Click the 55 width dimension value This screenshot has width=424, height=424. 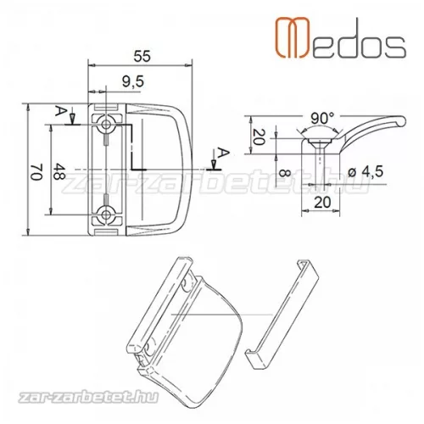142,56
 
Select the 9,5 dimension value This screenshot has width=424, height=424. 133,81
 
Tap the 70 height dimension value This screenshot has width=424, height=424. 36,171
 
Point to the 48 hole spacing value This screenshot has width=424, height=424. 59,171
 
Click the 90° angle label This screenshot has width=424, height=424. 322,119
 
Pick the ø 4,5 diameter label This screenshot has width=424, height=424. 365,171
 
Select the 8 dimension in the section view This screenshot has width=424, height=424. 285,173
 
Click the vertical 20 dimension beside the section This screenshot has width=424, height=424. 259,137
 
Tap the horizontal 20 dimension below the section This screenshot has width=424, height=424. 322,203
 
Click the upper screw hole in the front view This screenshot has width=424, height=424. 106,124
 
